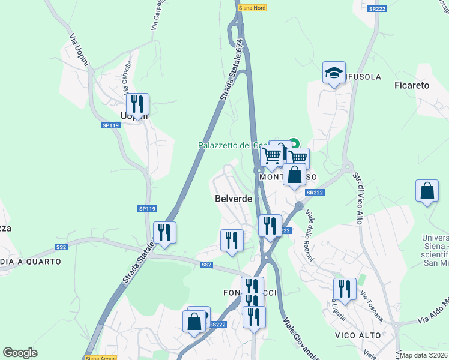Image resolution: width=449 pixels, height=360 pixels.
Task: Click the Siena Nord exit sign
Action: [x=252, y=8]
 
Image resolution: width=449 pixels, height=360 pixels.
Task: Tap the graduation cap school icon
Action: [x=334, y=73]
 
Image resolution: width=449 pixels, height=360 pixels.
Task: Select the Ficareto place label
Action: [x=412, y=85]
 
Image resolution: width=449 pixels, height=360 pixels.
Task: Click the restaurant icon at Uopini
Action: [x=138, y=104]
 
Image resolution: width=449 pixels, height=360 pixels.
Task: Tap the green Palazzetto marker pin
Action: [x=294, y=143]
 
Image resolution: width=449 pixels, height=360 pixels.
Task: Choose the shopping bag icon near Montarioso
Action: [x=295, y=175]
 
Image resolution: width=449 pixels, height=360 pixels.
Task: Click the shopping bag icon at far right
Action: [x=426, y=191]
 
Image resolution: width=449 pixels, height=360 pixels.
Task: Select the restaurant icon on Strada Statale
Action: [x=164, y=233]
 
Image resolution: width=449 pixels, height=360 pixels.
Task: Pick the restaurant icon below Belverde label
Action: [x=232, y=240]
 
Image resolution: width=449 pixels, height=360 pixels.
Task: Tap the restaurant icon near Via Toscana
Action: [x=345, y=289]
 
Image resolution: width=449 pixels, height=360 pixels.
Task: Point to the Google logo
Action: [x=20, y=353]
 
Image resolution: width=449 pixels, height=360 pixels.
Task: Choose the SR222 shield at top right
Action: [x=377, y=9]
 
